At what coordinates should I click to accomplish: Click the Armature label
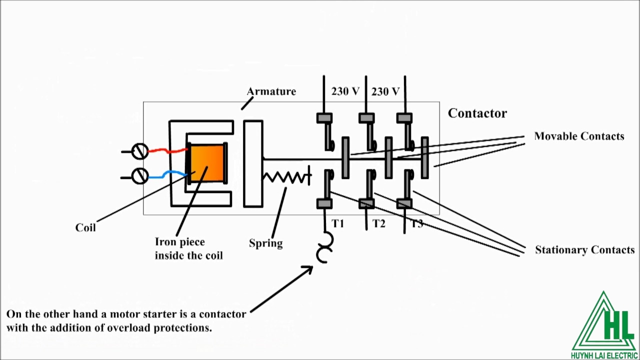pyautogui.click(x=271, y=91)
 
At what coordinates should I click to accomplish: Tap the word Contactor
pyautogui.click(x=477, y=113)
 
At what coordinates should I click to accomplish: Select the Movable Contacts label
pyautogui.click(x=579, y=136)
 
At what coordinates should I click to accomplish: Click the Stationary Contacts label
pyautogui.click(x=584, y=250)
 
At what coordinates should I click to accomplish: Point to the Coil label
pyautogui.click(x=85, y=227)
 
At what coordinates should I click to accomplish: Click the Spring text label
pyautogui.click(x=265, y=243)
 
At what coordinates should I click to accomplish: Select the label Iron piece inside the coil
pyautogui.click(x=188, y=248)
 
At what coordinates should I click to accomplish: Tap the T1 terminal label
pyautogui.click(x=338, y=223)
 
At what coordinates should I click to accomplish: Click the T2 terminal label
pyautogui.click(x=379, y=223)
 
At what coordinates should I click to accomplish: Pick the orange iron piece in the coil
pyautogui.click(x=207, y=163)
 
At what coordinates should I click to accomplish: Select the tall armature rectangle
pyautogui.click(x=253, y=163)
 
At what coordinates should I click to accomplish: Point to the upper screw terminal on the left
pyautogui.click(x=139, y=151)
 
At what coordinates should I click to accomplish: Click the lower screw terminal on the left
pyautogui.click(x=139, y=175)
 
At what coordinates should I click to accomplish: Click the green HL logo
pyautogui.click(x=604, y=325)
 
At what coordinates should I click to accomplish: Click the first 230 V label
pyautogui.click(x=345, y=91)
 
